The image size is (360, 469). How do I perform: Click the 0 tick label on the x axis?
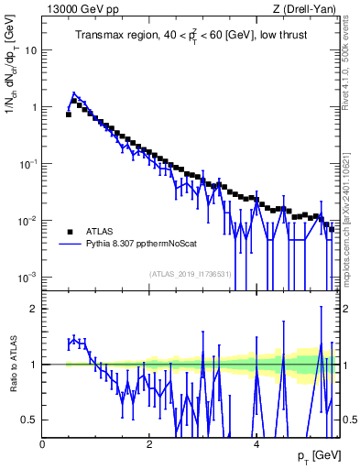coord(43,444)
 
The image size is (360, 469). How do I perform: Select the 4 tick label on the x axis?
coord(256,444)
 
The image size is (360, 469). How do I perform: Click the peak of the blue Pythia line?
coord(74,93)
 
